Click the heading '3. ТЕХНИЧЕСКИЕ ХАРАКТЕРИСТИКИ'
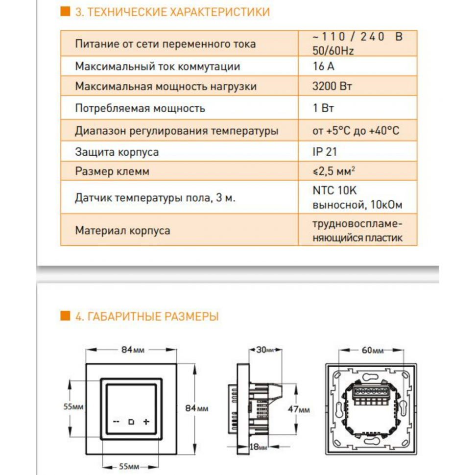[172, 12]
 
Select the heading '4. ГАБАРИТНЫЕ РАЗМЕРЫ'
[146, 316]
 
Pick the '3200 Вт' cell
[332, 87]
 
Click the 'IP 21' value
[324, 152]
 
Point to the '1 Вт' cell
[323, 108]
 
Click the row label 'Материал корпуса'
[122, 230]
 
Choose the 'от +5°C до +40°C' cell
[356, 131]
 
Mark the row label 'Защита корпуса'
[117, 152]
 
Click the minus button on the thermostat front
[116, 422]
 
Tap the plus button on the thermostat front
[146, 422]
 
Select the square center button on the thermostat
[131, 422]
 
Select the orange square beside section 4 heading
[65, 316]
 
